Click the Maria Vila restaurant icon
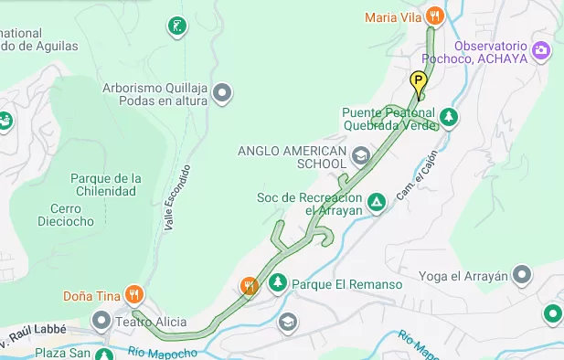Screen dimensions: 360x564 [x=435, y=16]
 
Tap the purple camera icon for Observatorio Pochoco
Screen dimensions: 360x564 [x=542, y=49]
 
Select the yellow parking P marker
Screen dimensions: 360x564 [x=419, y=83]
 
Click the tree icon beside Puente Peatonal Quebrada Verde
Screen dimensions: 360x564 [x=448, y=116]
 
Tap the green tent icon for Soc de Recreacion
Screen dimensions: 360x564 [x=375, y=201]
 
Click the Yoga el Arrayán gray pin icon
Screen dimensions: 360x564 [x=522, y=274]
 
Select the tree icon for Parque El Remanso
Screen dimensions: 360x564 [x=277, y=284]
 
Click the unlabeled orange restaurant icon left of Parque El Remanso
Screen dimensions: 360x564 [x=249, y=285]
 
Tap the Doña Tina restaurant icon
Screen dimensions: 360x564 [x=134, y=293]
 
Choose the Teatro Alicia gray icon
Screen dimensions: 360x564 [x=101, y=321]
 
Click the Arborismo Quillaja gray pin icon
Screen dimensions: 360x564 [x=221, y=92]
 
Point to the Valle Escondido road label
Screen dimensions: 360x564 [x=177, y=196]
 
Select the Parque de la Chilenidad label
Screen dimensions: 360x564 [x=102, y=185]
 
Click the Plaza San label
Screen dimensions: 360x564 [x=63, y=353]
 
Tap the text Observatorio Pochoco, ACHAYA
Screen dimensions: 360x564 [x=490, y=52]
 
